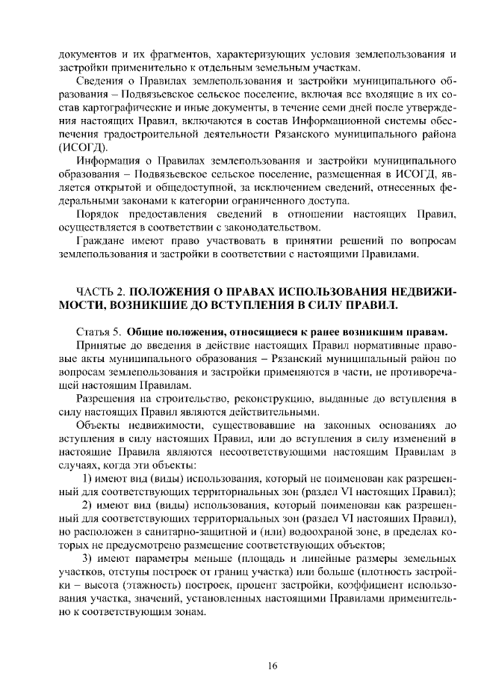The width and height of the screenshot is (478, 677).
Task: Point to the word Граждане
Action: coord(102,240)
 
